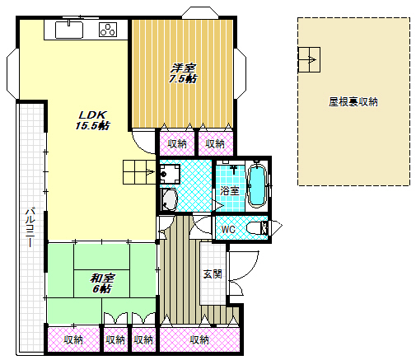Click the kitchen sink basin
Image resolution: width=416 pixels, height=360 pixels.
[x=69, y=30]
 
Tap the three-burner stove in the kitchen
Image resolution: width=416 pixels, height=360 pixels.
[x=109, y=30]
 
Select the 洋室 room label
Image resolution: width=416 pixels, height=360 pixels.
[x=183, y=68]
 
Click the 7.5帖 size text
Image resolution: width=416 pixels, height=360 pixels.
[x=183, y=79]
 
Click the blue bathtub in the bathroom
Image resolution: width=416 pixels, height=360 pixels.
[x=256, y=185]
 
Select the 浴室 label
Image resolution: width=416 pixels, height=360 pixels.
[x=229, y=190]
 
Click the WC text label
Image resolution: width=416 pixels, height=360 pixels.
[x=229, y=228]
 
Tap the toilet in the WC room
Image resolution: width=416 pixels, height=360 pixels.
[x=255, y=227]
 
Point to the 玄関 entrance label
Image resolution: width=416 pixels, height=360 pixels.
[x=212, y=274]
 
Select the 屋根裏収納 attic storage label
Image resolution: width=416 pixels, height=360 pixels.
[x=353, y=102]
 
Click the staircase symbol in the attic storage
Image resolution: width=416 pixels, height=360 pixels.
[x=308, y=60]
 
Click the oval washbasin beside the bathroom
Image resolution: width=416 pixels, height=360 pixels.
[x=170, y=200]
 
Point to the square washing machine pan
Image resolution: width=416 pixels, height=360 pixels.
[x=171, y=175]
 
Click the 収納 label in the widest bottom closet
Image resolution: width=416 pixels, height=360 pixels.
[x=199, y=339]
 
